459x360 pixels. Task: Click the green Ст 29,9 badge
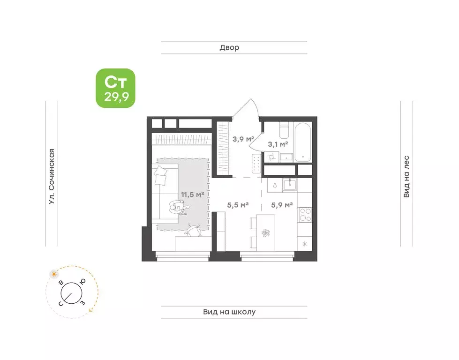116,88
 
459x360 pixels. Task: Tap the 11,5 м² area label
192,195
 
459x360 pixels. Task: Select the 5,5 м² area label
238,205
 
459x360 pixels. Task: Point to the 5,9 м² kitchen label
282,205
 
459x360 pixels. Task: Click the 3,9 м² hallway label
243,139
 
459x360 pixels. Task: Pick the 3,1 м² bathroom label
278,144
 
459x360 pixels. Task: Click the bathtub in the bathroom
303,142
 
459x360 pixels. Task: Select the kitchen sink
290,185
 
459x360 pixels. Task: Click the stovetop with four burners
305,215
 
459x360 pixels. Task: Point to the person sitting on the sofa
179,208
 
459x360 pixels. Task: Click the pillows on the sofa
160,175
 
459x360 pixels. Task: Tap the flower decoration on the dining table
265,233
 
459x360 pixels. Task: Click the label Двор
230,48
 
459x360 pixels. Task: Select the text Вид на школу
230,312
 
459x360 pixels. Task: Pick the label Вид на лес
406,177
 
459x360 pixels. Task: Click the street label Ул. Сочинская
52,177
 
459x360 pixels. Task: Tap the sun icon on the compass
53,274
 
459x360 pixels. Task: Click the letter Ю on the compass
83,282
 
